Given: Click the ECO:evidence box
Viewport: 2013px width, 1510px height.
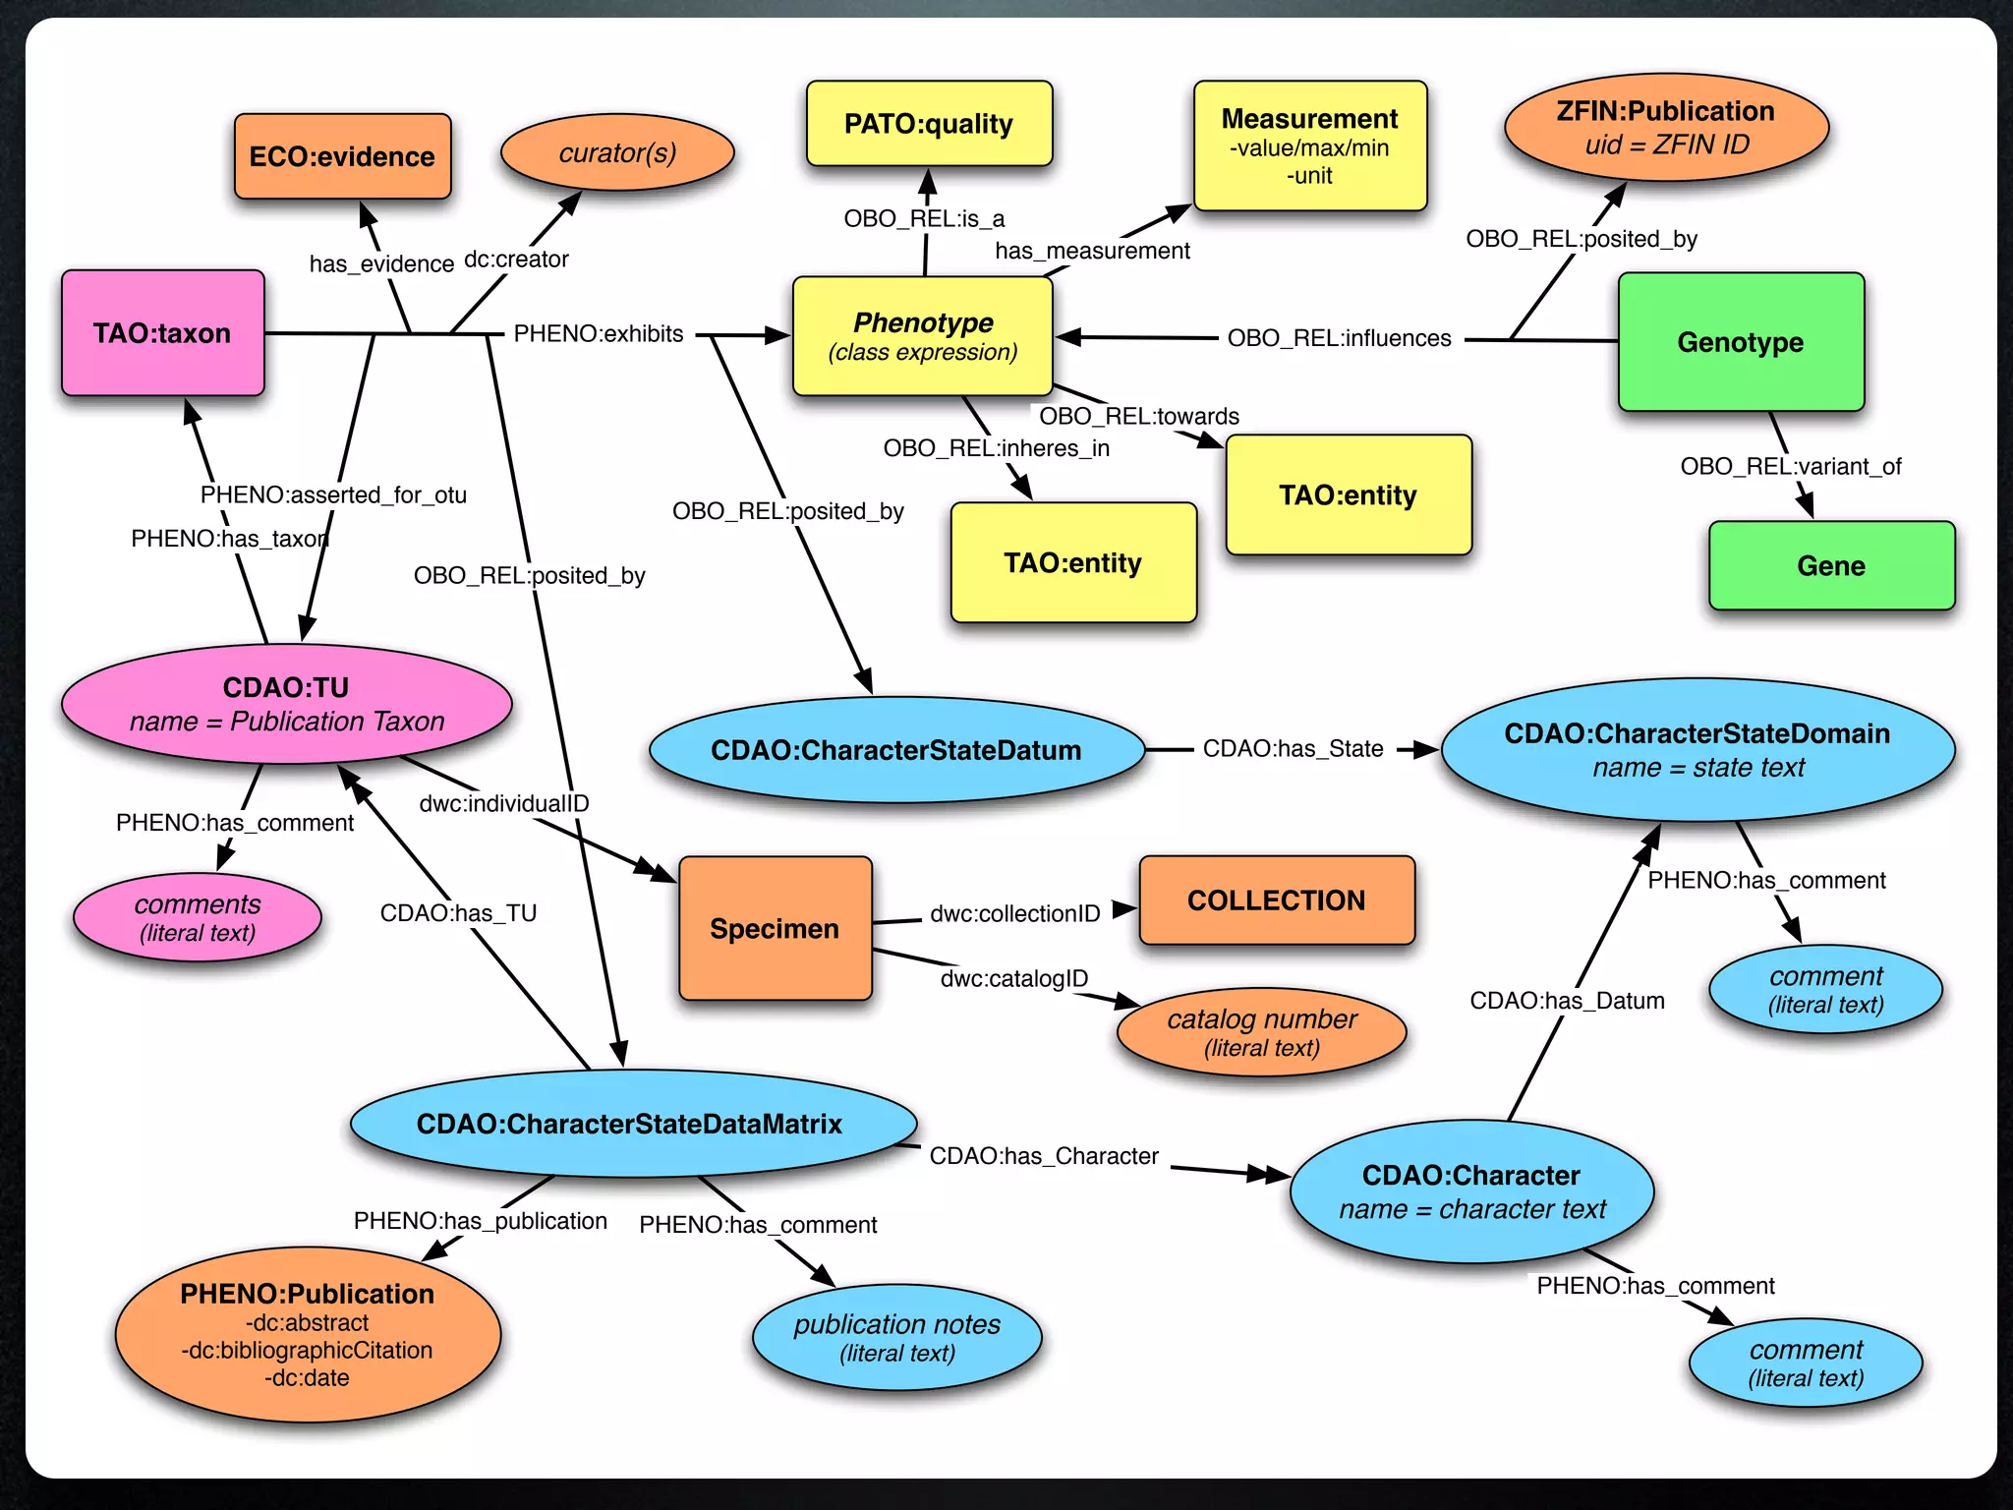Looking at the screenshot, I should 342,156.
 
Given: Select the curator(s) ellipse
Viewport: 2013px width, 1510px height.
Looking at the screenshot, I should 617,153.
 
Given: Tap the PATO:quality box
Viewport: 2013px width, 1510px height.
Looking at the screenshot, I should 929,124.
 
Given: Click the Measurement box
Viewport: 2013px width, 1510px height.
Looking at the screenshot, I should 1309,145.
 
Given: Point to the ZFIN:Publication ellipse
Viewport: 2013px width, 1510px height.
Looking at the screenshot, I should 1665,128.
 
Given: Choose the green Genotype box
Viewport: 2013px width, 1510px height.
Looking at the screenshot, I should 1740,342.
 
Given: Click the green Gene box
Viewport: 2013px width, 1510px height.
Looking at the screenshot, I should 1830,565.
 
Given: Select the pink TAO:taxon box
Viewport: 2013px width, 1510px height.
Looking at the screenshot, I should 162,333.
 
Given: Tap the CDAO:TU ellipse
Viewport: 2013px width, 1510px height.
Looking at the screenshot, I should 286,704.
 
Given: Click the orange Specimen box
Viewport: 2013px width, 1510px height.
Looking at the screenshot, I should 775,928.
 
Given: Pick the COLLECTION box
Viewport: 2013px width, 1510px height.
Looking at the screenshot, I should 1276,900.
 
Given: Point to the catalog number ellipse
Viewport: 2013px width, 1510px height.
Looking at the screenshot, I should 1261,1031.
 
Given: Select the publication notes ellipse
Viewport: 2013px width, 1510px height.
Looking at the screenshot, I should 896,1337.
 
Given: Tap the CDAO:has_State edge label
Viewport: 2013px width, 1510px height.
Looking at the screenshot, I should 1293,749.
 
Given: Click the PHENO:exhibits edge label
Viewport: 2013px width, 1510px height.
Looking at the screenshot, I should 598,333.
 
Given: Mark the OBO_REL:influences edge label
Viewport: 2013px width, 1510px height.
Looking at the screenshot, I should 1339,338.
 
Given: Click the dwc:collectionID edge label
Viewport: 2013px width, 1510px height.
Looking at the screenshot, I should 1014,913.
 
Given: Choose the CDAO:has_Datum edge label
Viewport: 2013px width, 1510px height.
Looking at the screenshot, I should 1567,1001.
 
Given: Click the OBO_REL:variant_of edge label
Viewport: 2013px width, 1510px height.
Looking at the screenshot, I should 1790,466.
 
